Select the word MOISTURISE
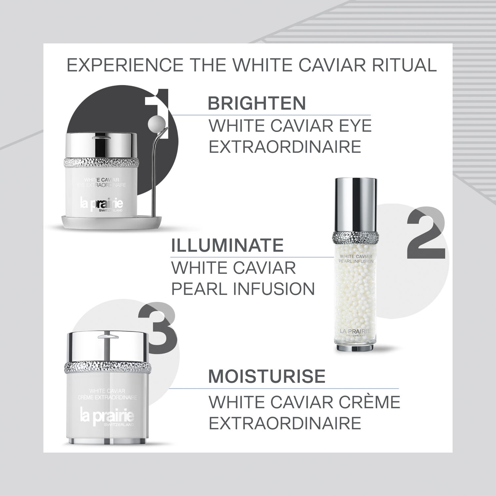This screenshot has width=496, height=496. pyautogui.click(x=267, y=376)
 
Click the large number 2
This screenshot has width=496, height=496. pyautogui.click(x=426, y=233)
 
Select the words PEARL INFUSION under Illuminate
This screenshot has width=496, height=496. pyautogui.click(x=243, y=289)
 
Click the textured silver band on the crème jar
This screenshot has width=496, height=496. pyautogui.click(x=107, y=367)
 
